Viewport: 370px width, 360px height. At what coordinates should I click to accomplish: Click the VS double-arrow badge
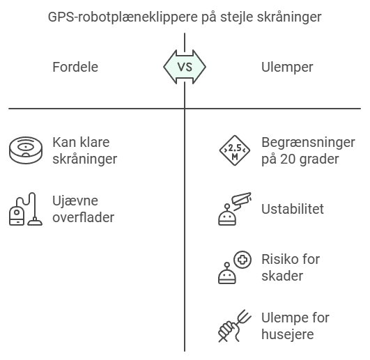(x=185, y=67)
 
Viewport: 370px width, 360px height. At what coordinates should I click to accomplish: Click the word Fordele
(x=75, y=67)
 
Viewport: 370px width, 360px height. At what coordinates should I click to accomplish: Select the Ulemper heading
(x=287, y=67)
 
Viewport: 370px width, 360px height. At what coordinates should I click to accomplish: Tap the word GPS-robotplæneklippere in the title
(x=123, y=17)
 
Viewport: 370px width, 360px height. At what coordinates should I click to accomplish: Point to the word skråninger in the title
(x=289, y=17)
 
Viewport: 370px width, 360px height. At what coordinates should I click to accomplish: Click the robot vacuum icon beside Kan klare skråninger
(x=26, y=150)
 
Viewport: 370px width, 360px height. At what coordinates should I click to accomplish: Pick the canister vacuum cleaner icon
(x=26, y=209)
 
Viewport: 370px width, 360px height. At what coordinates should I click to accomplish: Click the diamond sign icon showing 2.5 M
(x=235, y=150)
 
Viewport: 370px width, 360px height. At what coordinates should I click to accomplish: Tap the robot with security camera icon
(x=234, y=209)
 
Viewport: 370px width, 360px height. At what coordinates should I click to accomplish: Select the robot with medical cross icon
(x=235, y=267)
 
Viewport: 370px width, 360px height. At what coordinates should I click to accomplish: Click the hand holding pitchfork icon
(x=235, y=326)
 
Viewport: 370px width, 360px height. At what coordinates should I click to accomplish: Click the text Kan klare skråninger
(x=85, y=150)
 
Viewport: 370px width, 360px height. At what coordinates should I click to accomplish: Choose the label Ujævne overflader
(x=84, y=209)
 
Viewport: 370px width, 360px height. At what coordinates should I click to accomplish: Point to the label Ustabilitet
(x=293, y=209)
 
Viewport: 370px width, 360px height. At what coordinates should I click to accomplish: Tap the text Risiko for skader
(x=291, y=267)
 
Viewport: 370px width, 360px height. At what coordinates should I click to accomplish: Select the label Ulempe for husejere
(x=295, y=326)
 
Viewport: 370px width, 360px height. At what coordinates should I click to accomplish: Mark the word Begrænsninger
(x=308, y=143)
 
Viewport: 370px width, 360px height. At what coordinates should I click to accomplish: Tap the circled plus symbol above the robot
(x=242, y=260)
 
